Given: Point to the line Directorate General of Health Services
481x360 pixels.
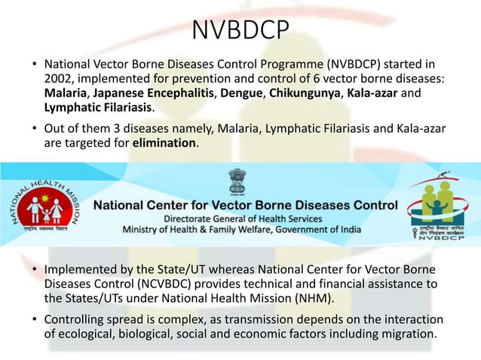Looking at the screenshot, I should (x=246, y=217).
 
